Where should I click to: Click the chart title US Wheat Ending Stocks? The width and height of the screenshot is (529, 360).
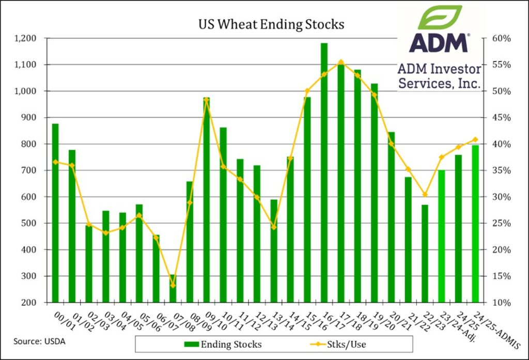272,24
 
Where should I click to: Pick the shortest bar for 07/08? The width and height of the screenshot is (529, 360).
173,289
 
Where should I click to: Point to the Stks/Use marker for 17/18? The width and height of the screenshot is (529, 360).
341,61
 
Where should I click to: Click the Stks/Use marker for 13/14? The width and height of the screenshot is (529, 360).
274,227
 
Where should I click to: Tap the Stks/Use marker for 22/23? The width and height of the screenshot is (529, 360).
425,195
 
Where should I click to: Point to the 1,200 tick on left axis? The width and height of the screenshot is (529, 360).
25,38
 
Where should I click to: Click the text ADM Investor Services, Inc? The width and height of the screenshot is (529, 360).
439,75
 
